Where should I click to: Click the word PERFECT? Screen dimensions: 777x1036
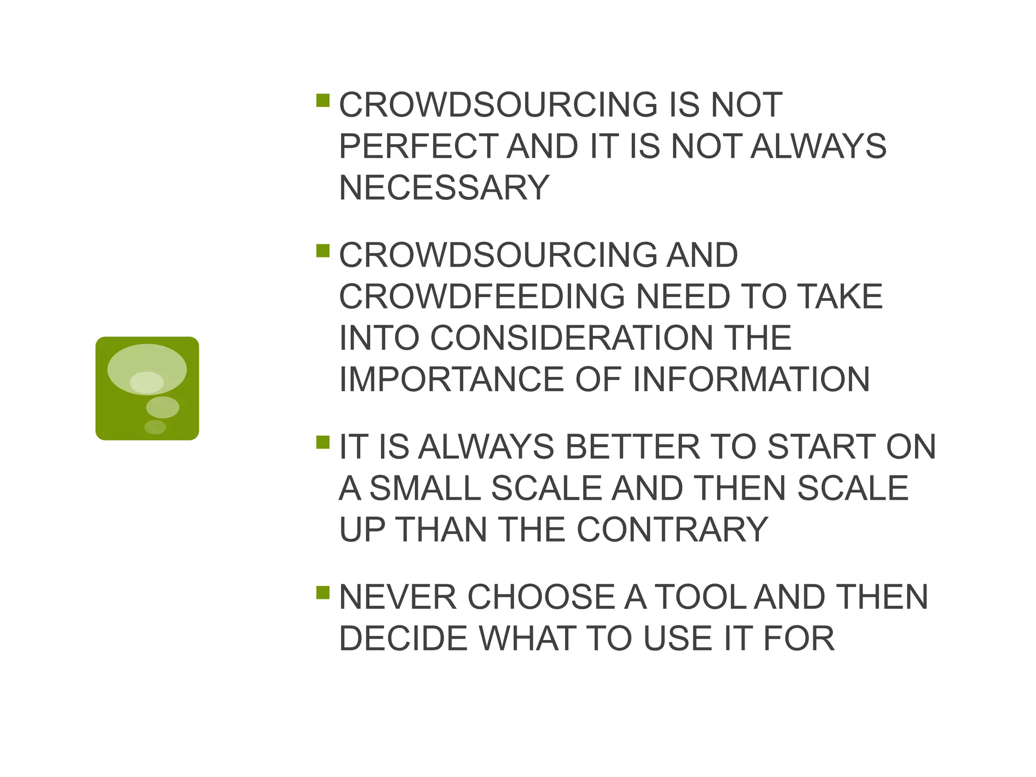point(418,146)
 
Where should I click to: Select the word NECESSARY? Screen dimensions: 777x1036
point(444,188)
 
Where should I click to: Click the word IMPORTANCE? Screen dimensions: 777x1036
point(451,379)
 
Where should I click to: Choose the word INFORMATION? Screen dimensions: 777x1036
point(751,379)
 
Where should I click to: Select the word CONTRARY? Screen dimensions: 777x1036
point(672,530)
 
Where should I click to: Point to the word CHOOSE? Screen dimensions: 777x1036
point(541,597)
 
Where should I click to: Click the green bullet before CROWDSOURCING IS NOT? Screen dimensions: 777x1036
point(323,100)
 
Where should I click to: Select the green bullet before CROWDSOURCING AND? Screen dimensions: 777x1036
point(323,250)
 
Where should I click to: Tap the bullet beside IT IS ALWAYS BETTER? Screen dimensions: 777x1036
point(323,443)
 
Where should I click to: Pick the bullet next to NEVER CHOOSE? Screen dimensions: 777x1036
point(323,592)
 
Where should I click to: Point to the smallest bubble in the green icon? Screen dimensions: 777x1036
point(155,427)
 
